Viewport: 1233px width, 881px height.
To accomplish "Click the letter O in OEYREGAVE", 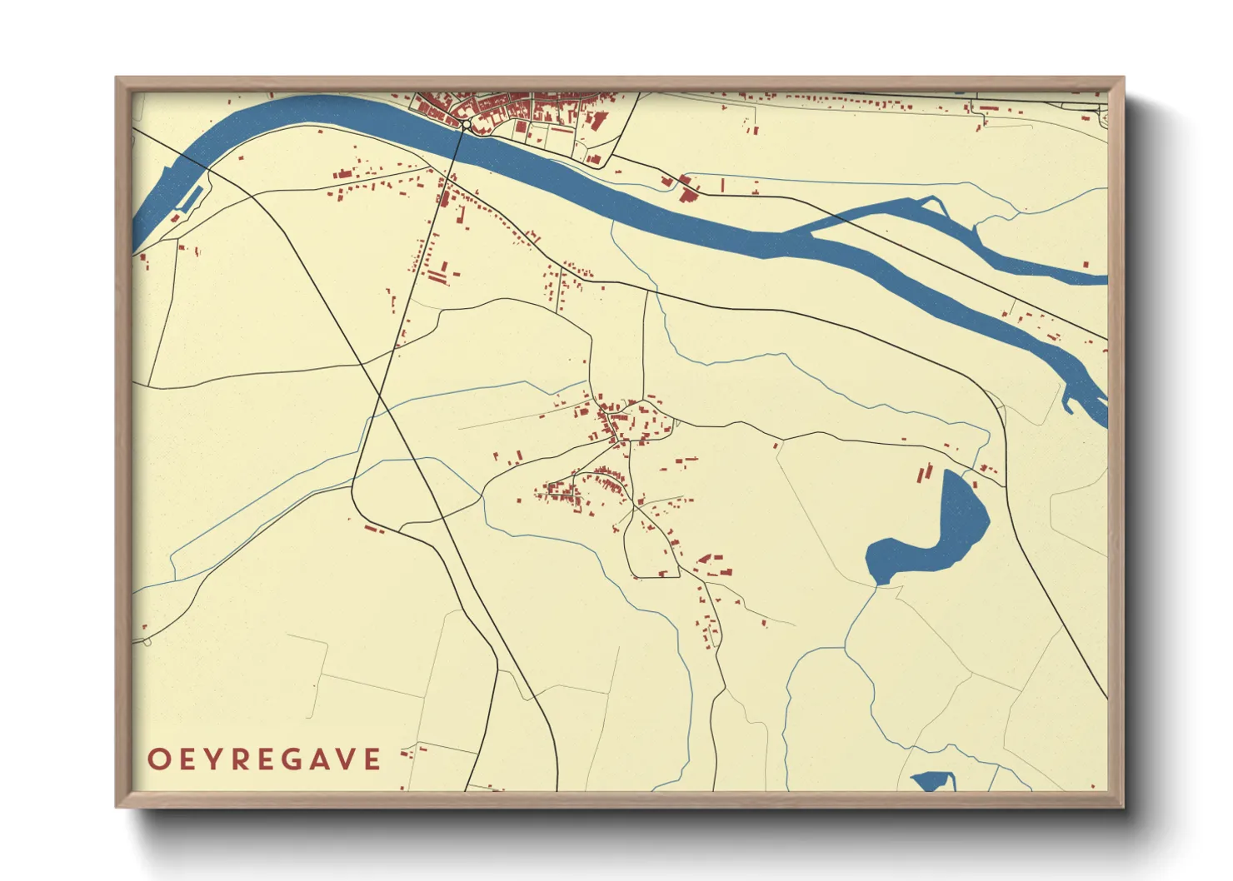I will [158, 759].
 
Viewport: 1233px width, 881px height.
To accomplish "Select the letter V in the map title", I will [345, 759].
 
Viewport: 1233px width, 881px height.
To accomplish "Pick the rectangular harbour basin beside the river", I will [192, 197].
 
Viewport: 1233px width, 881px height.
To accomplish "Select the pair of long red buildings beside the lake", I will [923, 473].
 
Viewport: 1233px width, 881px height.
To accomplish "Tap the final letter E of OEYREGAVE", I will [372, 759].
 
